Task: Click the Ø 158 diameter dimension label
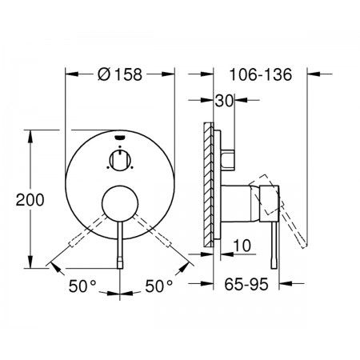pos(120,74)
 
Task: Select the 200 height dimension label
pos(30,200)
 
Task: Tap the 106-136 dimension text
pos(261,74)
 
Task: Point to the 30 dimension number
pos(224,101)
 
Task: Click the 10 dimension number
pos(242,246)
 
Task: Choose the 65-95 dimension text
pos(246,284)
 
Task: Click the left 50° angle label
pos(82,286)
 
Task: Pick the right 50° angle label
pos(159,286)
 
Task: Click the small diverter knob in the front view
pos(120,160)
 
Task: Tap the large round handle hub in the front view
pos(120,203)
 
